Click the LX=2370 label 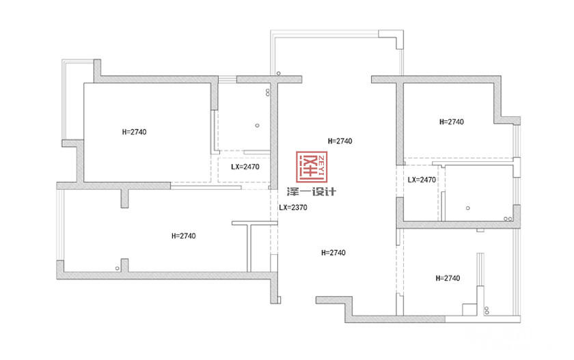point(293,208)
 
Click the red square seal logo point(312,167)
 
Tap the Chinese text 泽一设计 point(311,191)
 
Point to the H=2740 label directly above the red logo point(340,141)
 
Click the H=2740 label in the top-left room point(134,132)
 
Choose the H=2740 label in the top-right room point(452,122)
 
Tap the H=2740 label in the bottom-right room point(448,278)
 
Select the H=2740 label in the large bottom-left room point(183,236)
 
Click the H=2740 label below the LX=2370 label point(333,253)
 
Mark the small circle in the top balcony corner point(279,74)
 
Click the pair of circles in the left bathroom point(268,92)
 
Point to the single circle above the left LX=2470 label point(257,126)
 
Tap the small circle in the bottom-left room point(117,268)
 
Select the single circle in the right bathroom point(467,208)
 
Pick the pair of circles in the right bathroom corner point(507,219)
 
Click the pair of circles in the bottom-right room point(487,311)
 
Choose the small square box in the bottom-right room point(469,309)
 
